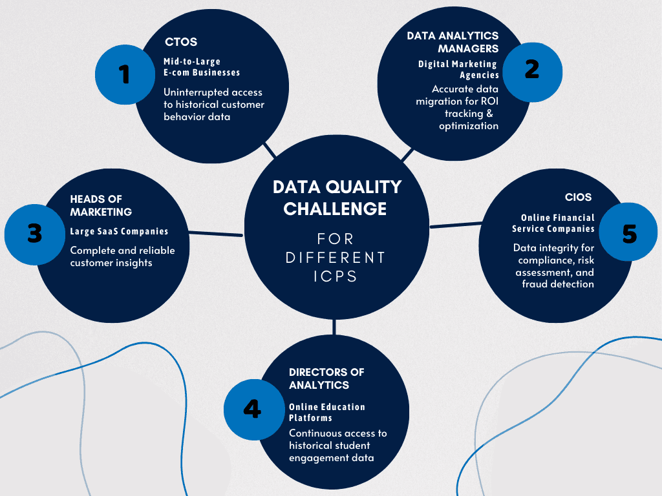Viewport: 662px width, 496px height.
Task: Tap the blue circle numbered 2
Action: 531,69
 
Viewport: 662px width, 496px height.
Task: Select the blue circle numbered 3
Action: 34,233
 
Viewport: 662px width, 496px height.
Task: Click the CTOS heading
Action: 181,43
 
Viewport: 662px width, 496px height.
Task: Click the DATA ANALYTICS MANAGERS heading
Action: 453,42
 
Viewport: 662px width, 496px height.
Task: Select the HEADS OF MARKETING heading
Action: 101,205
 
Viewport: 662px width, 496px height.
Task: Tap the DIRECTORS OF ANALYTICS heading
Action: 326,378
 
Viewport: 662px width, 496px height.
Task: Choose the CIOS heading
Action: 578,197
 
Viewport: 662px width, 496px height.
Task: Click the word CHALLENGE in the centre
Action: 335,209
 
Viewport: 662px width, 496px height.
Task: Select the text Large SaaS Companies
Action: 119,231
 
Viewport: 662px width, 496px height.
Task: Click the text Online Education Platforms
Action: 326,412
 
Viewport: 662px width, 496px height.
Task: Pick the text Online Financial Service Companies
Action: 553,223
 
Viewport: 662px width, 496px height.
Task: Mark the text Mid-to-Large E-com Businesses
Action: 201,67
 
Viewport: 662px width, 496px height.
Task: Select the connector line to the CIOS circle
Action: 456,225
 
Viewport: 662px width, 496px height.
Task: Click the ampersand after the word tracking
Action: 489,114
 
